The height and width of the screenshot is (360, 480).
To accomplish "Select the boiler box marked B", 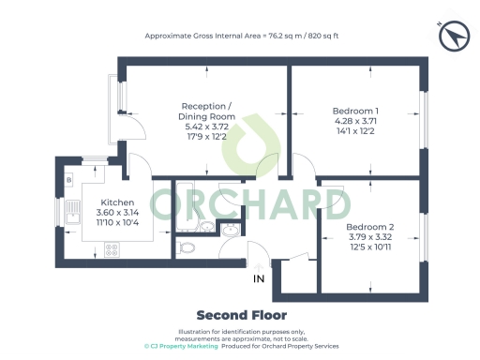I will pyautogui.click(x=70, y=178).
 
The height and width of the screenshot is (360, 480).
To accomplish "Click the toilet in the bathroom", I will pyautogui.click(x=187, y=248).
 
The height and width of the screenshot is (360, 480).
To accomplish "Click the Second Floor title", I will pyautogui.click(x=241, y=315).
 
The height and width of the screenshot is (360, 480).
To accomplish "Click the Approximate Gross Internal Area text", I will pyautogui.click(x=241, y=36).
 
